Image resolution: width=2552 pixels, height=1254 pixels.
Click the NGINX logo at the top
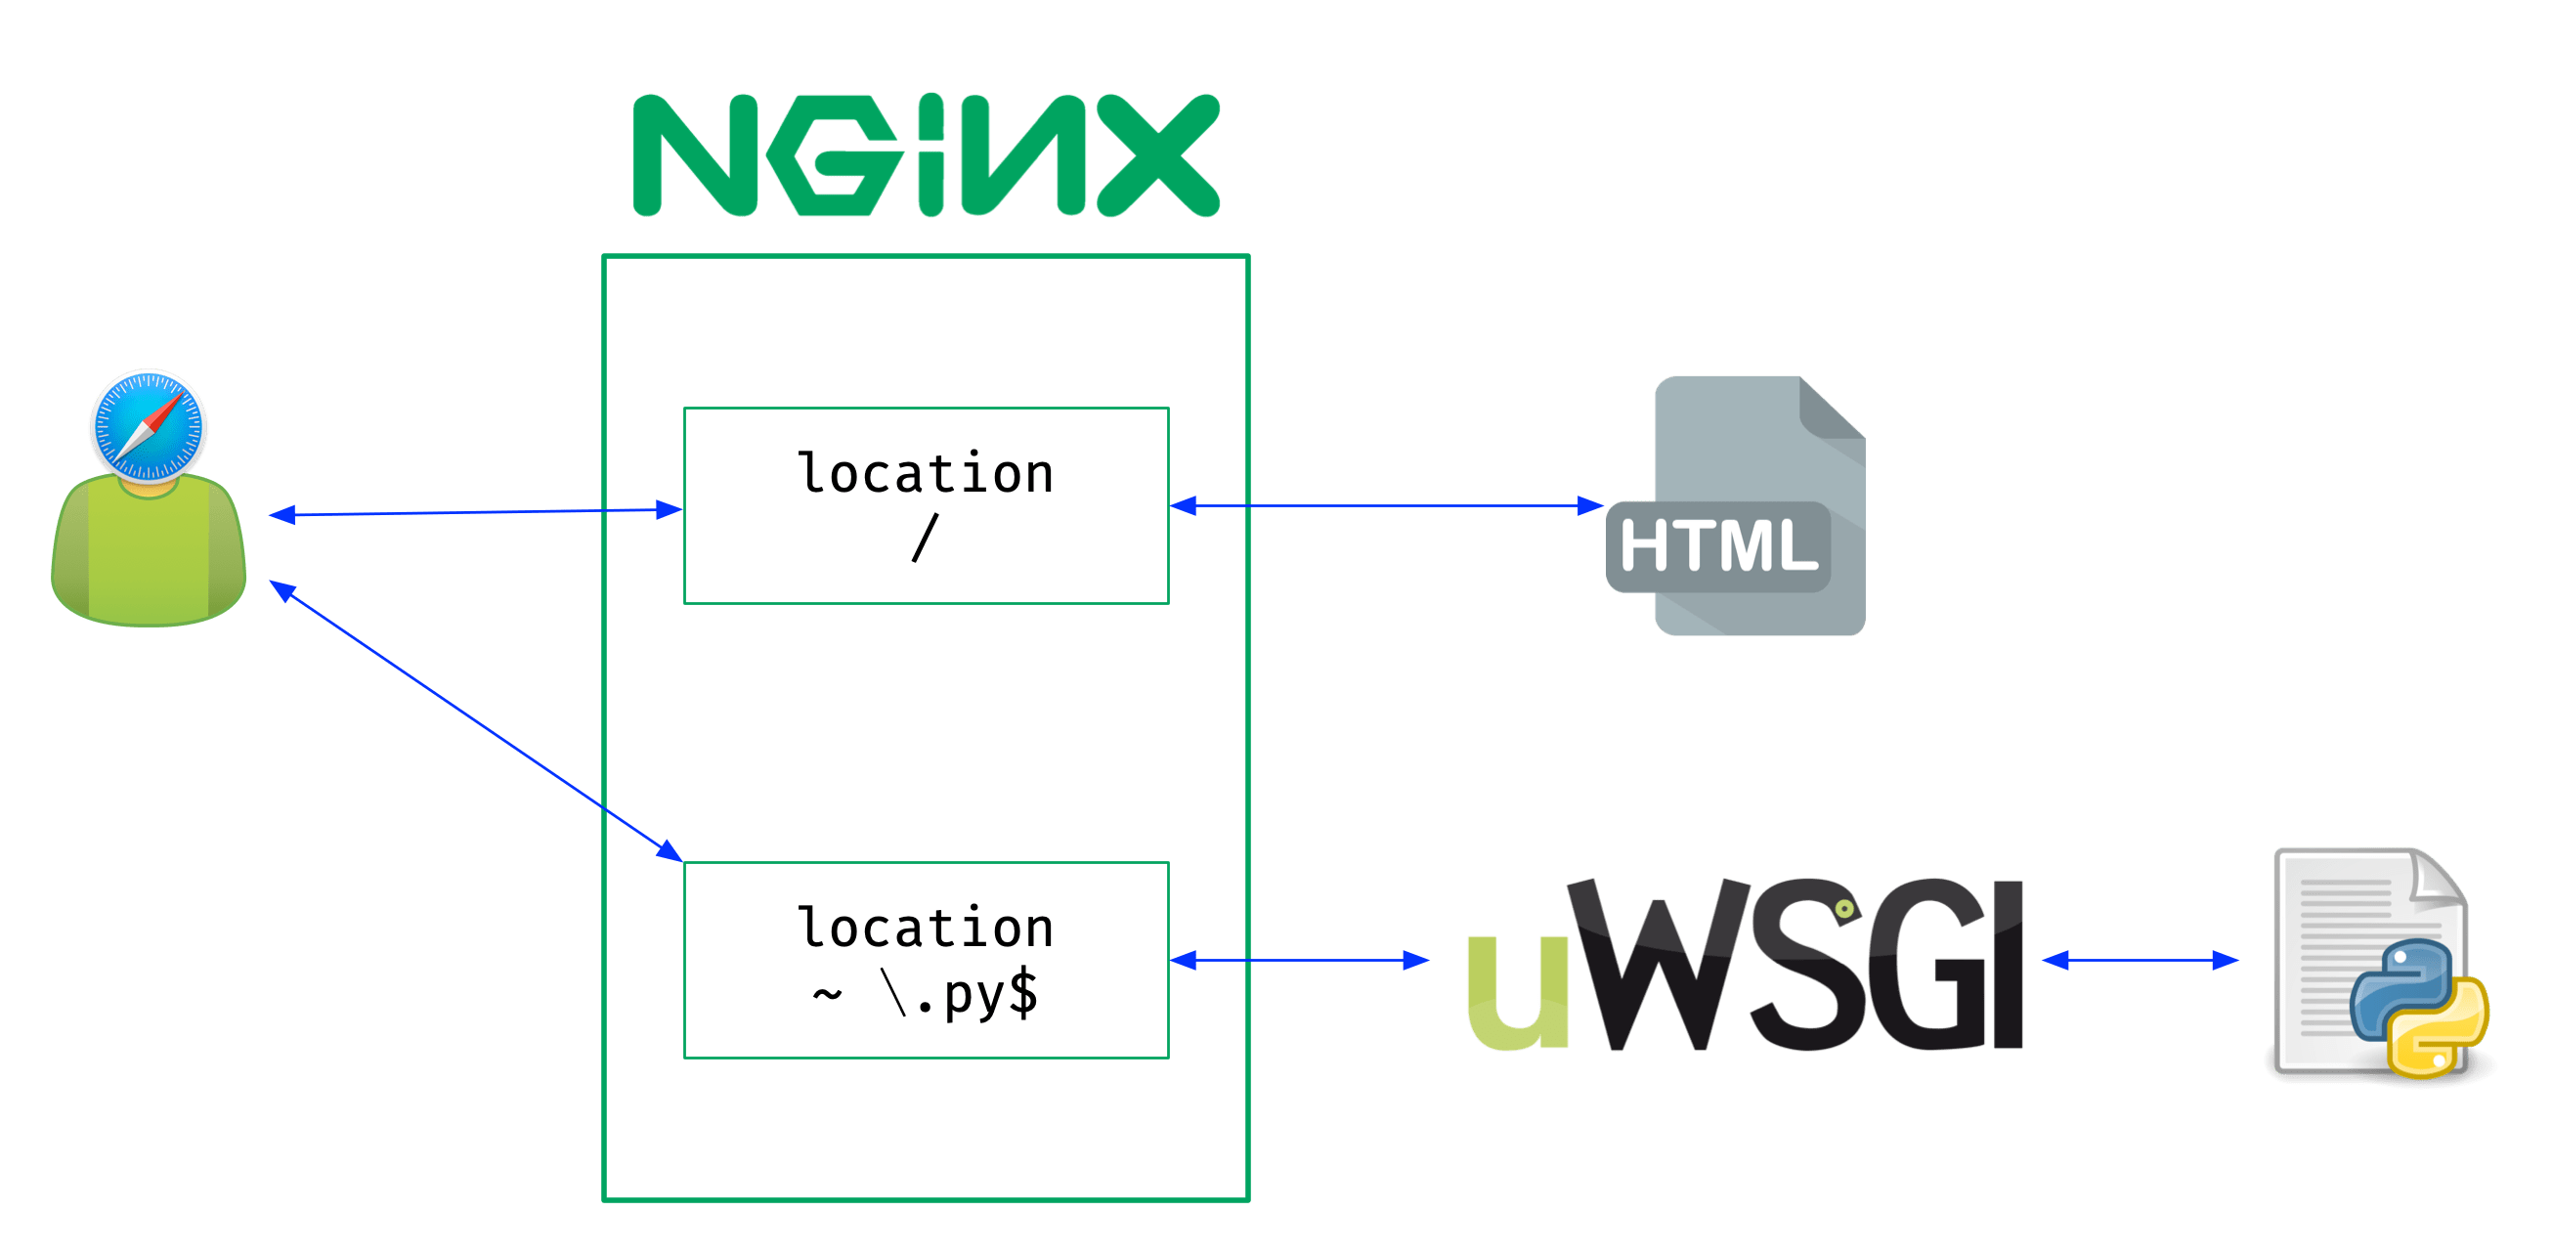click(x=926, y=155)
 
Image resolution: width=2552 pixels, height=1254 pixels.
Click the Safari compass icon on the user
click(x=149, y=426)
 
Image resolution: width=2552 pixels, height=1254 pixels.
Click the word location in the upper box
click(x=926, y=473)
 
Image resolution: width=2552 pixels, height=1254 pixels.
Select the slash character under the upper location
click(x=924, y=538)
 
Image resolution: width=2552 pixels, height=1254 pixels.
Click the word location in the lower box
click(x=926, y=929)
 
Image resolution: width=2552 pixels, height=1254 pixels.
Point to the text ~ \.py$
click(x=926, y=993)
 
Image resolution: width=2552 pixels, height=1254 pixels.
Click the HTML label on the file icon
click(x=1719, y=545)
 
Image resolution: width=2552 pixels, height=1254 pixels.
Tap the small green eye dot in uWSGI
click(x=1843, y=908)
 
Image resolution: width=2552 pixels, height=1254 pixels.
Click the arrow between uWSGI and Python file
click(x=2140, y=960)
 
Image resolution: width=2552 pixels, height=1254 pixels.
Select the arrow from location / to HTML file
click(x=1387, y=506)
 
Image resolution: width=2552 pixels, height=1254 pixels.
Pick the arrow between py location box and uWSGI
click(x=1299, y=960)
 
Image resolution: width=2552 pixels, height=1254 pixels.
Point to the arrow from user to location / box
click(x=476, y=512)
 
